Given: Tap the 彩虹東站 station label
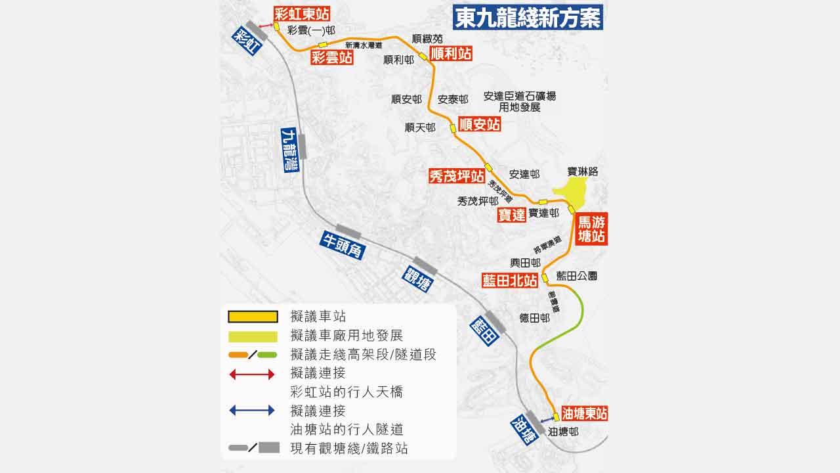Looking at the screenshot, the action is coord(302,14).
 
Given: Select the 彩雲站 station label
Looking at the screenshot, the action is coord(332,58).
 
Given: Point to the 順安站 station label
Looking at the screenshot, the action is coord(479,124).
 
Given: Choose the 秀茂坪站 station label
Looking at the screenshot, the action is coord(457,176).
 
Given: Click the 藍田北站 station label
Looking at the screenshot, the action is coord(510,281).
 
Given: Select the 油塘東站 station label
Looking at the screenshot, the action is coord(584,413).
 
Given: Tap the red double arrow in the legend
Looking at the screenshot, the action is coord(252,374).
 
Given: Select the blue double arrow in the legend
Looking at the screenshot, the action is coord(252,411).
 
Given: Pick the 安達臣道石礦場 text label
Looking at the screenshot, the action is coord(519,96).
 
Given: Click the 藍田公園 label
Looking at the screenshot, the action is coord(576,277).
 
